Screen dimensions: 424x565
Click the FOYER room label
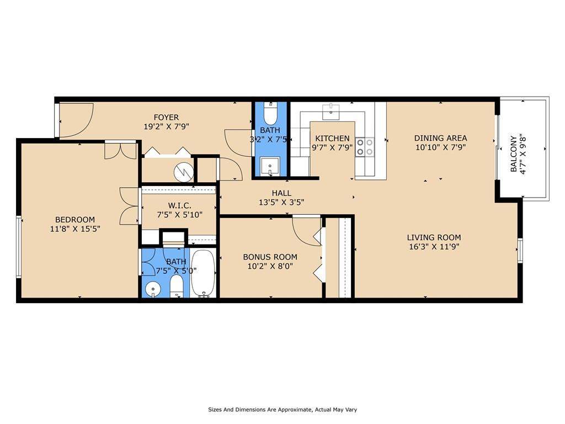[x=166, y=117]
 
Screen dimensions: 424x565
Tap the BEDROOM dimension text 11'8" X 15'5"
[x=75, y=228]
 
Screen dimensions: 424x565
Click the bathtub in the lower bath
[x=203, y=273]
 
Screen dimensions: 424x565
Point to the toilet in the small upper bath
[x=270, y=114]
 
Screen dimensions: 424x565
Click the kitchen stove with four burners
[x=364, y=146]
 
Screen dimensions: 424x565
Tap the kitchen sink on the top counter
[x=331, y=110]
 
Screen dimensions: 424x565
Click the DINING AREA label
[x=441, y=138]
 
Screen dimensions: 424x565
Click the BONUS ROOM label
[x=270, y=257]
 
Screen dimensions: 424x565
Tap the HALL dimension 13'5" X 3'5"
[x=281, y=202]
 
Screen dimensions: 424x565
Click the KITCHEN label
[x=332, y=139]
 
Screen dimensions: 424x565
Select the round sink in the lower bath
[x=152, y=289]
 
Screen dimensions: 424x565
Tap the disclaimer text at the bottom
[x=282, y=410]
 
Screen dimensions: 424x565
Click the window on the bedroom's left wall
[x=19, y=246]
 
